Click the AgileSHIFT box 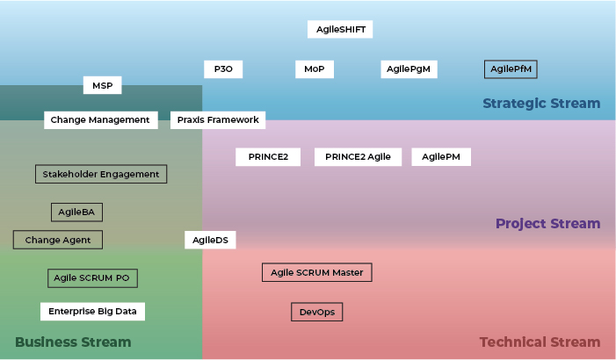pyautogui.click(x=340, y=29)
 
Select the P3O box pyautogui.click(x=222, y=69)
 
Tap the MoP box pyautogui.click(x=314, y=69)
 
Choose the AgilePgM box pyautogui.click(x=409, y=69)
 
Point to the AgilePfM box pyautogui.click(x=511, y=69)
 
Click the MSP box pyautogui.click(x=102, y=85)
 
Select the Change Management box pyautogui.click(x=100, y=120)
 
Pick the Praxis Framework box pyautogui.click(x=217, y=120)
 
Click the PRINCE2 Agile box pyautogui.click(x=358, y=157)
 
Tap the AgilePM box pyautogui.click(x=440, y=157)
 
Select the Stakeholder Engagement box pyautogui.click(x=101, y=174)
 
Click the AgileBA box pyautogui.click(x=77, y=212)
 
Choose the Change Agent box pyautogui.click(x=58, y=240)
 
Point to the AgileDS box pyautogui.click(x=210, y=240)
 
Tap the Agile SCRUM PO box pyautogui.click(x=92, y=278)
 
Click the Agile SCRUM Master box pyautogui.click(x=317, y=272)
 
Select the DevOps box pyautogui.click(x=317, y=312)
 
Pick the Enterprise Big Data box pyautogui.click(x=92, y=311)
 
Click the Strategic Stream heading pyautogui.click(x=541, y=104)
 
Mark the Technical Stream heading pyautogui.click(x=540, y=342)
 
